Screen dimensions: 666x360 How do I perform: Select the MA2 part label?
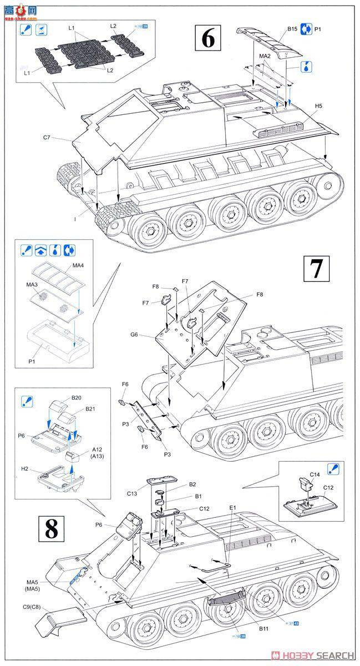[264, 56]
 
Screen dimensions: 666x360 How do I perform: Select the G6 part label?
[135, 335]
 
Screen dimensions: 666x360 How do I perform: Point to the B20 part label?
[76, 397]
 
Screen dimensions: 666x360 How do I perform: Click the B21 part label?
[90, 409]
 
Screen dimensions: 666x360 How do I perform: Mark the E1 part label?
[232, 507]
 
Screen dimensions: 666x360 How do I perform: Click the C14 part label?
[315, 475]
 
